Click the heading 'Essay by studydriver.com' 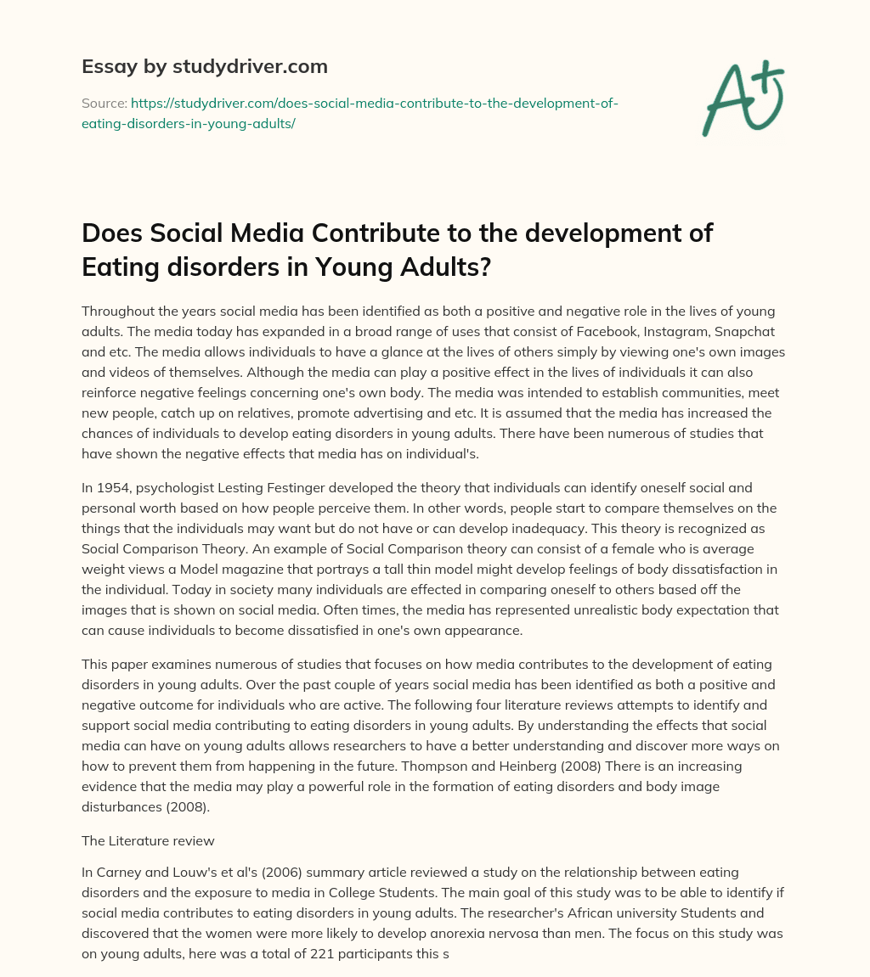[204, 66]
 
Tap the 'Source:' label [104, 104]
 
